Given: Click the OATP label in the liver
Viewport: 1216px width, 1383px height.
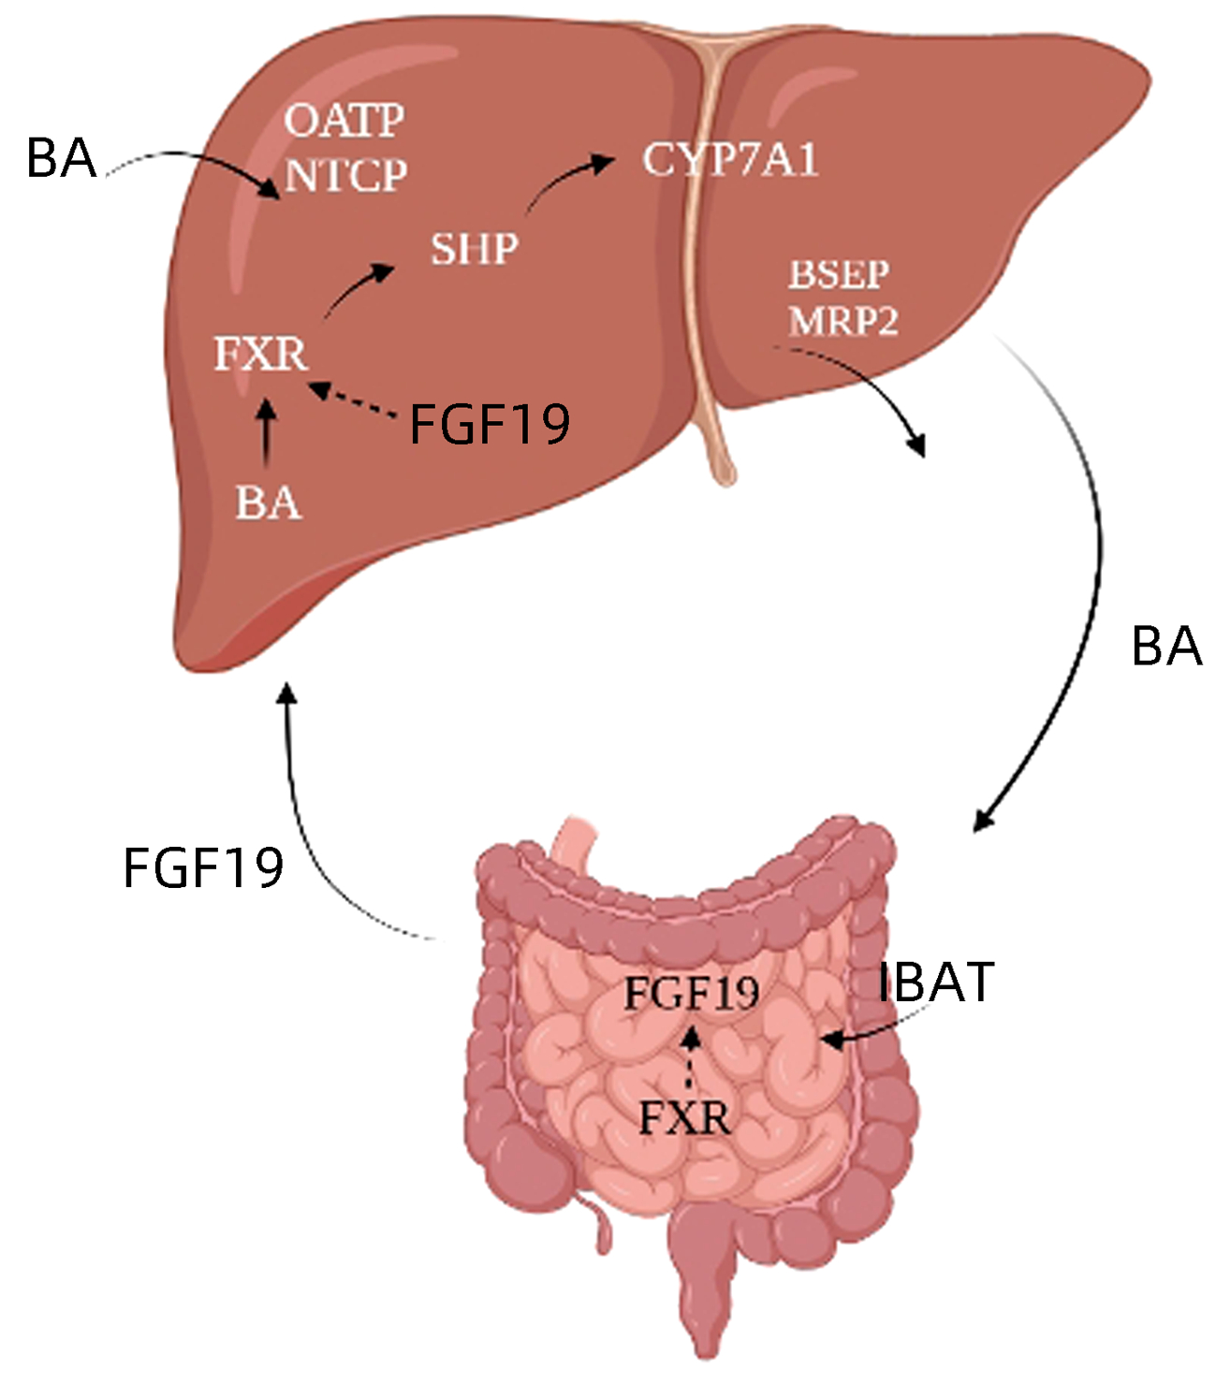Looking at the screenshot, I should point(344,121).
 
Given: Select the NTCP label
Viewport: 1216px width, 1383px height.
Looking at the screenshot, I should point(346,175).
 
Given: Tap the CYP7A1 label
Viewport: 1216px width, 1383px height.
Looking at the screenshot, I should point(730,160).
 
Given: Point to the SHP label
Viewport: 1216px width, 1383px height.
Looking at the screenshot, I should point(474,249).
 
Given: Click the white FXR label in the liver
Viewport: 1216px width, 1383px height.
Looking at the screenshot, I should point(260,355).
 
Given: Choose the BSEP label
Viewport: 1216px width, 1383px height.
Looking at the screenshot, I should point(839,275).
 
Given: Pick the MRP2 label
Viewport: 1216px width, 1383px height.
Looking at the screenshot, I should point(843,321).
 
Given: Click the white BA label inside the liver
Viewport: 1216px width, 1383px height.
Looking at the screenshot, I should point(268,503).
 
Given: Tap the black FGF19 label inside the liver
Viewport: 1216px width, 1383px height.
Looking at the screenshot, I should point(491,425).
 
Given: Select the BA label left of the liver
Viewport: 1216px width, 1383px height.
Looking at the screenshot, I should point(62,158).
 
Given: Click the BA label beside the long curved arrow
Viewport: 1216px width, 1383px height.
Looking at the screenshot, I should point(1166,647).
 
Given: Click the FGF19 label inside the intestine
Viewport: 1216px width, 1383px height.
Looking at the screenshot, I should point(692,993).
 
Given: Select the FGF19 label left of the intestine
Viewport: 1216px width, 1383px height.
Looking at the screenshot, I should point(203,867).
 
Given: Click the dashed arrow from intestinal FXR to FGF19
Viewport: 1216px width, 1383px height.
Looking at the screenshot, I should point(691,1057).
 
